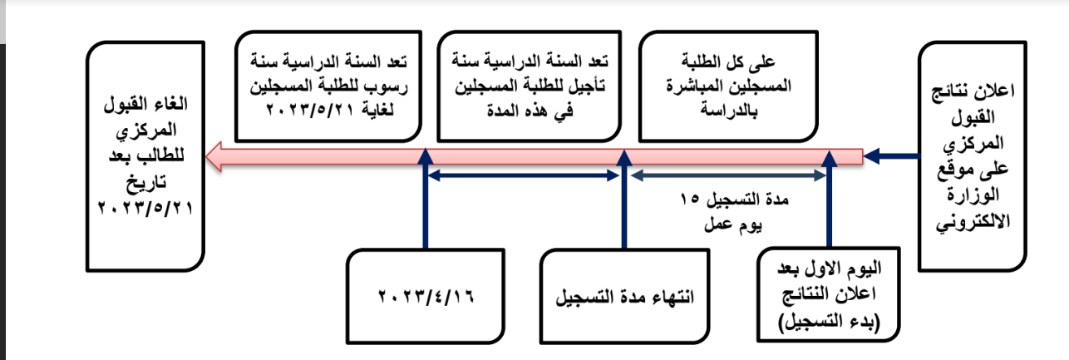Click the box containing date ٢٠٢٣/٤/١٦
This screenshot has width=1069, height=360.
(426, 296)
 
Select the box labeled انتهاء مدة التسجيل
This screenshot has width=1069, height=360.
(625, 296)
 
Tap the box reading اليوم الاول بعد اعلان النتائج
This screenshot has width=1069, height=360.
(829, 294)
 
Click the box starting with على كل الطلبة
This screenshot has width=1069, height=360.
(729, 86)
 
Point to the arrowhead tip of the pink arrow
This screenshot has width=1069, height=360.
(206, 156)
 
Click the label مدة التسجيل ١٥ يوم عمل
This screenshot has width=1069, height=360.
(733, 212)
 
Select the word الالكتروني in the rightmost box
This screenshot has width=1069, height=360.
(973, 221)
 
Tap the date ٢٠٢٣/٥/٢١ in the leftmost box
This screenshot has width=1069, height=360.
(145, 208)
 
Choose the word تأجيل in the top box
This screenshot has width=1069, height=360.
(584, 86)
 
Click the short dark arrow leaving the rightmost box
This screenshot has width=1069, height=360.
(891, 156)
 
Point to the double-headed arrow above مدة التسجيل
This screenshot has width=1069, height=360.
(728, 176)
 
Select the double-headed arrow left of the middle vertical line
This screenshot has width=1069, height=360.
(524, 176)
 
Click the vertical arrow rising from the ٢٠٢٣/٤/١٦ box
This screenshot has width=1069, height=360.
(426, 199)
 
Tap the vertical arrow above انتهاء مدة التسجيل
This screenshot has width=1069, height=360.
(624, 199)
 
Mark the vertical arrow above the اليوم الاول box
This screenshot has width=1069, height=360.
(830, 199)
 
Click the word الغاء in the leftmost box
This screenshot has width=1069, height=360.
(172, 103)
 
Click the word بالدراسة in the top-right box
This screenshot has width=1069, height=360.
(729, 111)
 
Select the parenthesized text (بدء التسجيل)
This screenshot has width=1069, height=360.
(829, 321)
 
